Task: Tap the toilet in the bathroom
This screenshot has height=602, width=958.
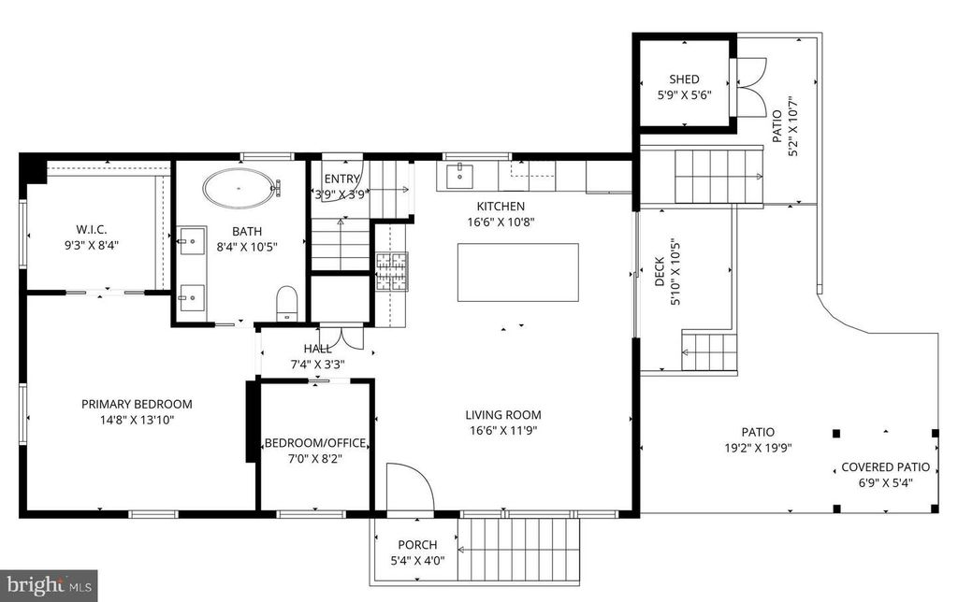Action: [x=286, y=304]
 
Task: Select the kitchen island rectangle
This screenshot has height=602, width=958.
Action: [x=518, y=272]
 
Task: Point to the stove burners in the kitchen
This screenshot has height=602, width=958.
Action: [x=392, y=271]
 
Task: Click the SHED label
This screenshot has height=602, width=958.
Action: [x=684, y=79]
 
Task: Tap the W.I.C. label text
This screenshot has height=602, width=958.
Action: [x=92, y=230]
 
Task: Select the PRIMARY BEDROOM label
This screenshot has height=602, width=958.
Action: [x=137, y=404]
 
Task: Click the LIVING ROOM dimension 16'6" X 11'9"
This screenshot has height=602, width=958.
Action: [x=503, y=430]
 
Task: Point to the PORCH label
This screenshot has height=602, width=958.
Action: [x=417, y=545]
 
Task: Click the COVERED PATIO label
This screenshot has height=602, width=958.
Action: [x=885, y=467]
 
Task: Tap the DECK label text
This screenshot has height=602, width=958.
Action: [x=660, y=272]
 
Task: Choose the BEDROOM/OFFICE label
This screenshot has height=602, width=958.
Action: [x=315, y=443]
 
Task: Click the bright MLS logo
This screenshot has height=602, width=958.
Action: [x=49, y=585]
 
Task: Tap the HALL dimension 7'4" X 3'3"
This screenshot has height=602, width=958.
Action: [x=317, y=365]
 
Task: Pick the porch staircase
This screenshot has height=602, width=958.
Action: [x=518, y=550]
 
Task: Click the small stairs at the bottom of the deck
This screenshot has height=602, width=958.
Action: [x=709, y=352]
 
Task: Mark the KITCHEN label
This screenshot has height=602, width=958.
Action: [x=501, y=207]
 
